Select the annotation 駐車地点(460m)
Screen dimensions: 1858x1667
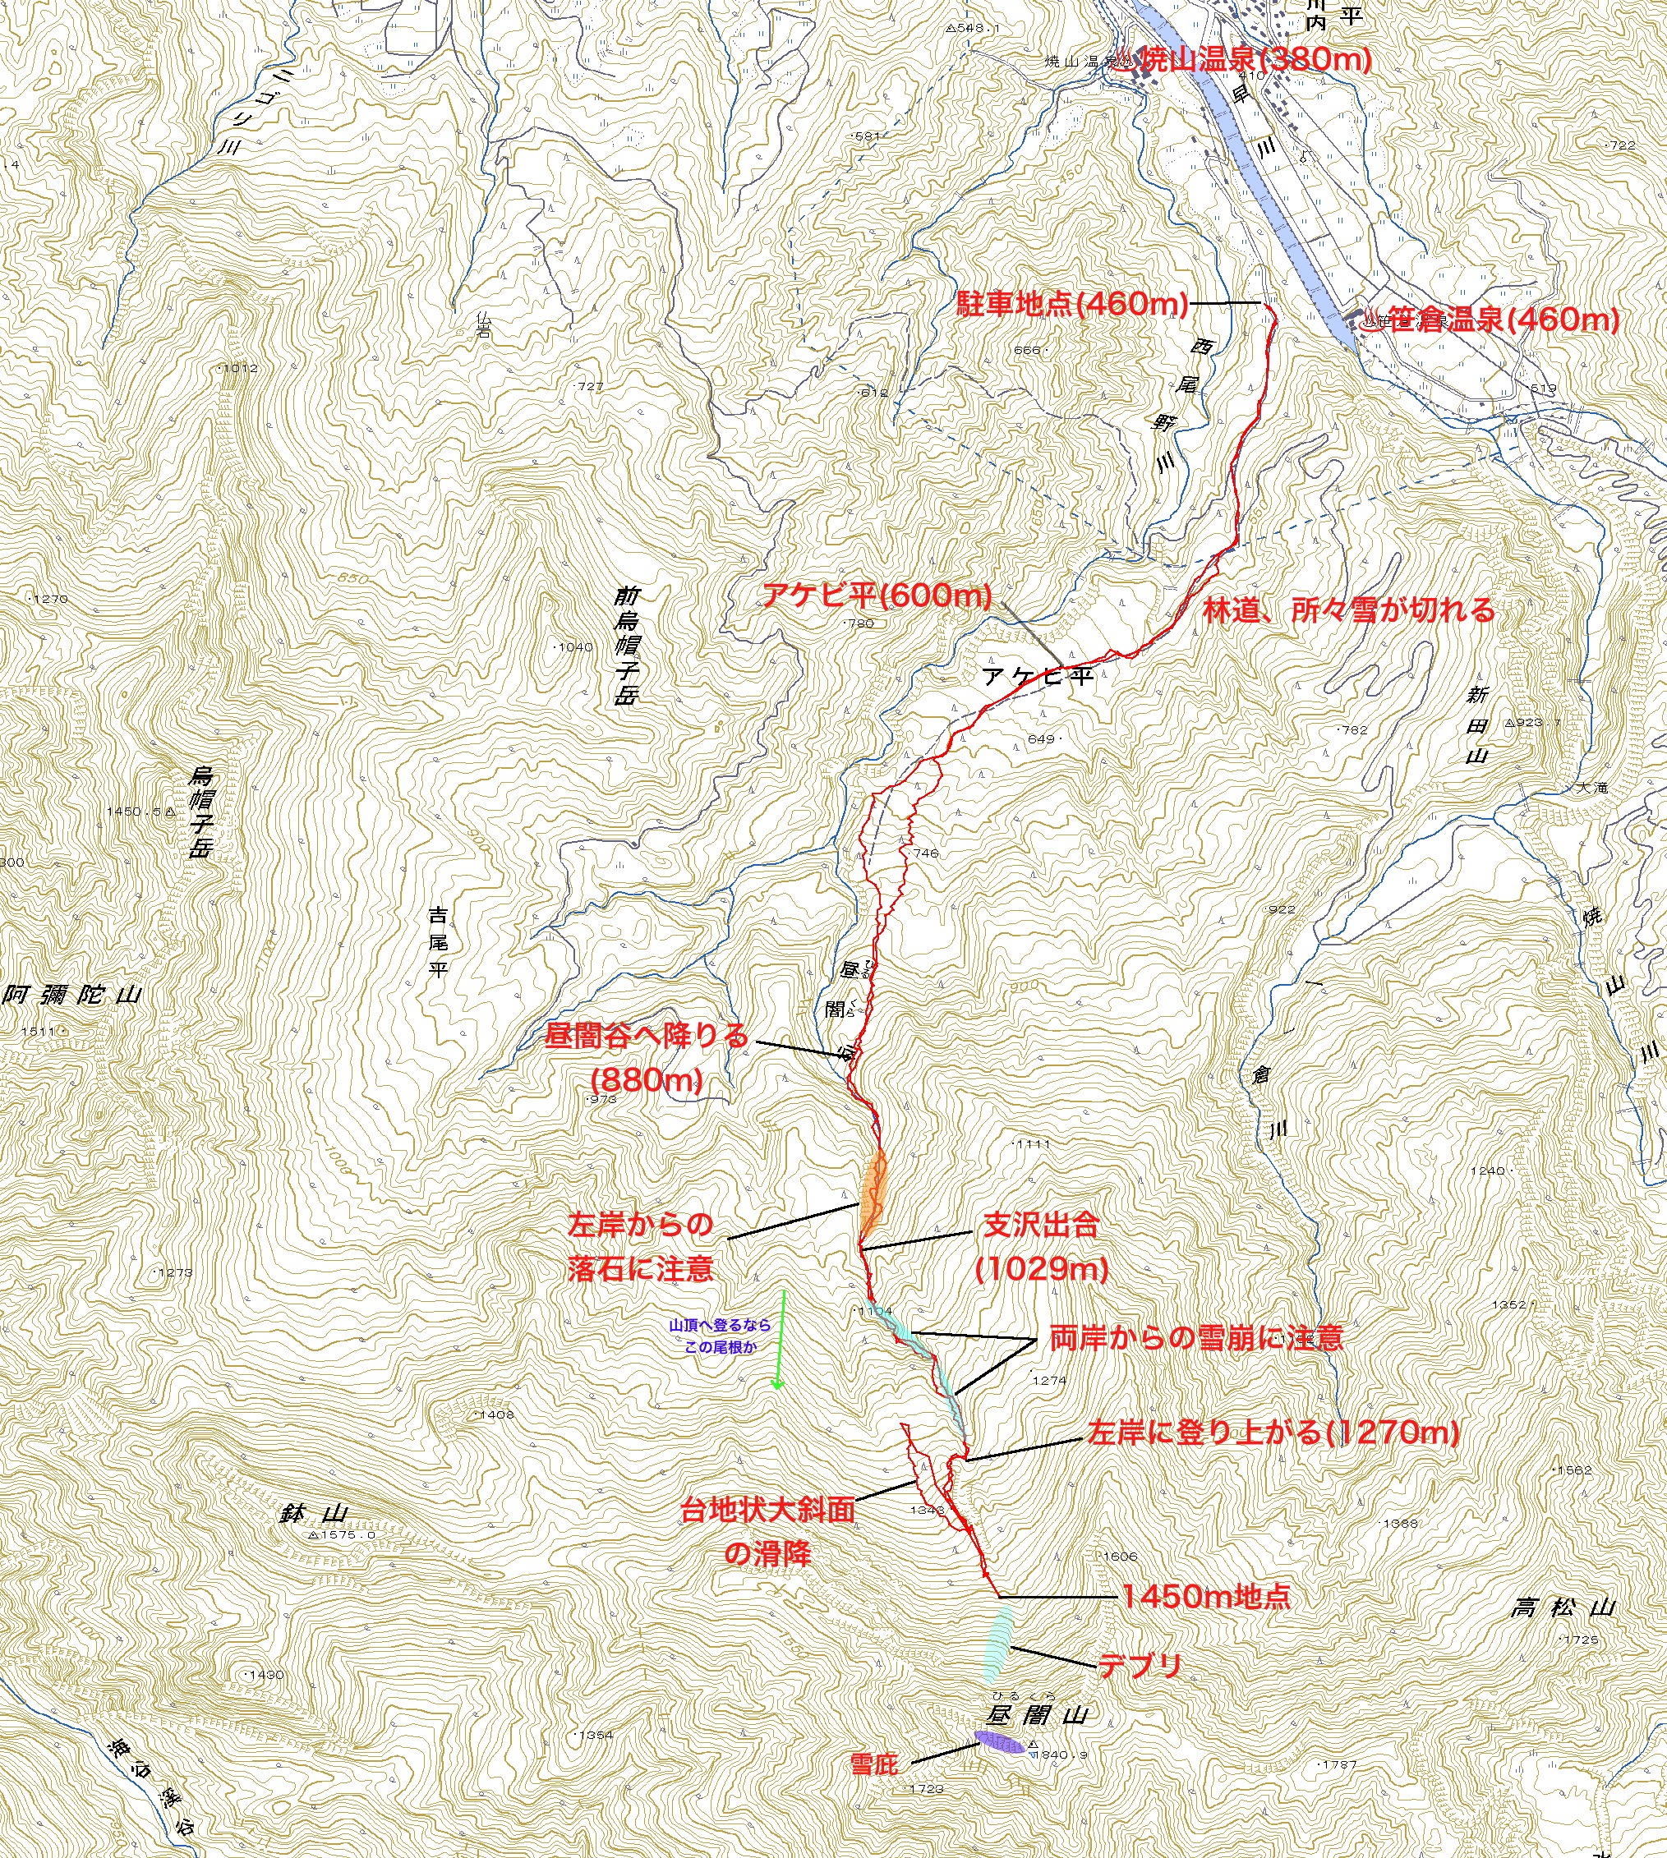tap(1072, 303)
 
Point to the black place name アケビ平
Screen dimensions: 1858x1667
tap(1038, 677)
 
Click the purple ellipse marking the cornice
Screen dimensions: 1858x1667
tap(999, 1740)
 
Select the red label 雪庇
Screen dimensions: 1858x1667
tap(874, 1763)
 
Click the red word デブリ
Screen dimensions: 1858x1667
tap(1140, 1666)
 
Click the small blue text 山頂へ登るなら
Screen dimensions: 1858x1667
tap(720, 1325)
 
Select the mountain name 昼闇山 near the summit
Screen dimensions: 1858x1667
tap(1037, 1714)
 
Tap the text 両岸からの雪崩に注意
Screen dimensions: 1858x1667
tap(1195, 1338)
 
